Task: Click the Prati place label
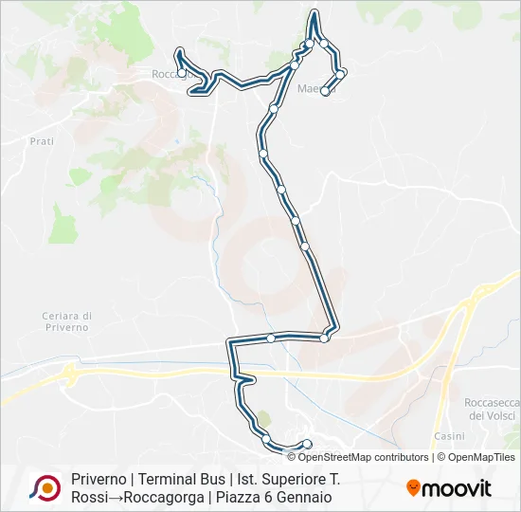tap(42, 140)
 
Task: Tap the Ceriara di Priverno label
tap(66, 320)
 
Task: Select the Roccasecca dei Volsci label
tap(490, 408)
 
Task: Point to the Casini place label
tap(448, 436)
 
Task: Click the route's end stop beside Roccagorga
tap(182, 74)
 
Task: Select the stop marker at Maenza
tap(326, 92)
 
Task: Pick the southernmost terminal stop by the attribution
tap(307, 444)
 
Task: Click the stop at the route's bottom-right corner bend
tap(325, 338)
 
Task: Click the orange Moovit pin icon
tap(413, 488)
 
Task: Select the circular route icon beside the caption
tap(45, 487)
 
